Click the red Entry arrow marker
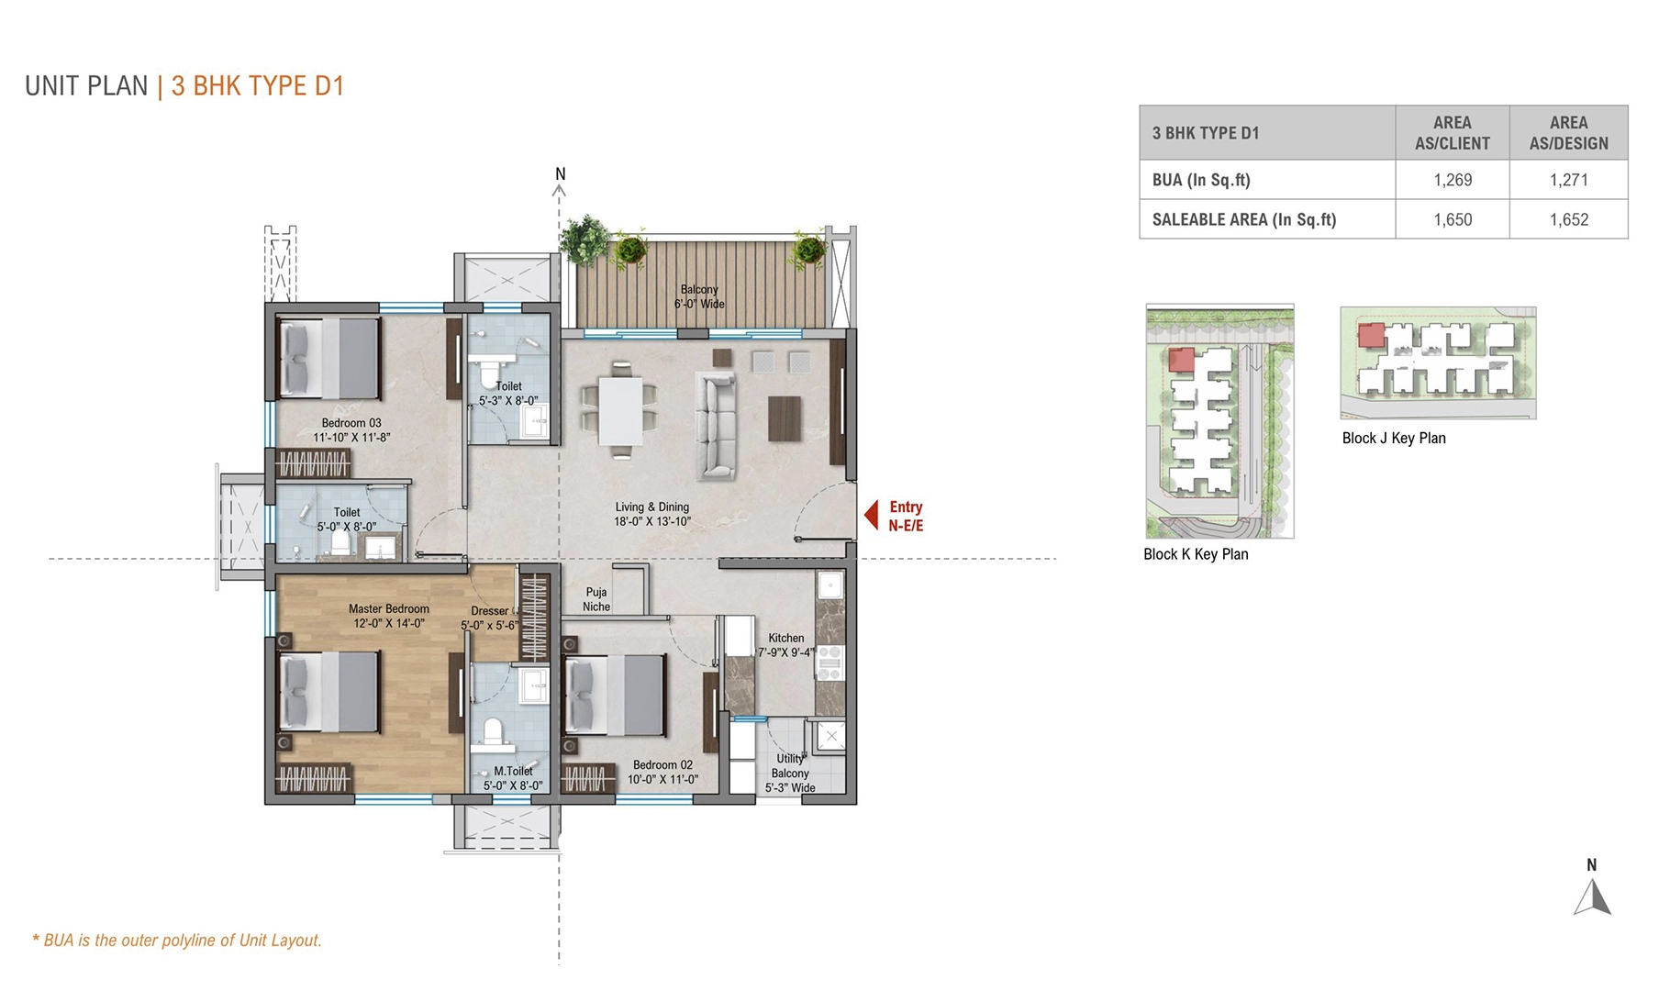click(x=872, y=516)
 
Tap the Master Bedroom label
click(x=388, y=609)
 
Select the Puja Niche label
click(x=596, y=599)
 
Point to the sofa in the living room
click(x=716, y=425)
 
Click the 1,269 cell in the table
click(x=1453, y=180)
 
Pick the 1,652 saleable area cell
click(x=1568, y=219)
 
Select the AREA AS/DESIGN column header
click(x=1568, y=133)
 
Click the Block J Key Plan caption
click(x=1393, y=439)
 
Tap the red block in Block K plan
click(x=1181, y=360)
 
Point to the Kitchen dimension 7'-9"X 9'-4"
click(x=785, y=652)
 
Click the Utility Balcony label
click(x=790, y=773)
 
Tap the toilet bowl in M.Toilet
click(x=494, y=731)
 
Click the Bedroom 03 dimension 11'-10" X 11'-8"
click(x=351, y=438)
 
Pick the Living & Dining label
click(x=651, y=507)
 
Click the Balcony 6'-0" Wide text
click(x=699, y=296)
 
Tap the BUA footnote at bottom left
click(x=177, y=941)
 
